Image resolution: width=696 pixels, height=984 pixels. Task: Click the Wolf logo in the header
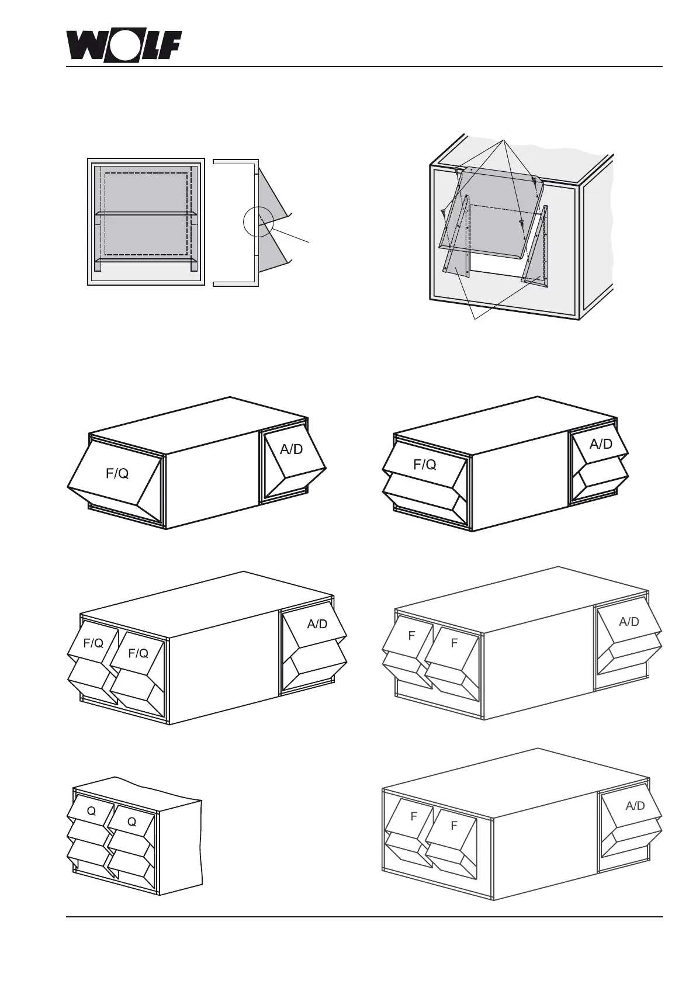pos(123,45)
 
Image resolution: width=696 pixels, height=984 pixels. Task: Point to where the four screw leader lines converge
pos(502,141)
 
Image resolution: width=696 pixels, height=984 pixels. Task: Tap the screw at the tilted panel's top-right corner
pos(536,182)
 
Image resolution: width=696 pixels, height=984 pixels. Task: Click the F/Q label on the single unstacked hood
pos(117,474)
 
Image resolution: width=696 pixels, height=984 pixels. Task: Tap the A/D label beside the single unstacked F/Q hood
pos(291,449)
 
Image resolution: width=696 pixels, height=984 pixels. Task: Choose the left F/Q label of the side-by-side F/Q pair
pos(94,643)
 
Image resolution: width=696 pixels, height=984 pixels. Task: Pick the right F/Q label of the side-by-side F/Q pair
pos(138,653)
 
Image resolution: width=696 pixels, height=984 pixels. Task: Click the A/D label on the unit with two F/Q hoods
pos(317,624)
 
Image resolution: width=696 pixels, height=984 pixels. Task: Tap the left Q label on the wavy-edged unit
pos(91,811)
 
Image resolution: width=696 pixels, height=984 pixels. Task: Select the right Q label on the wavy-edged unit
pos(131,822)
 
